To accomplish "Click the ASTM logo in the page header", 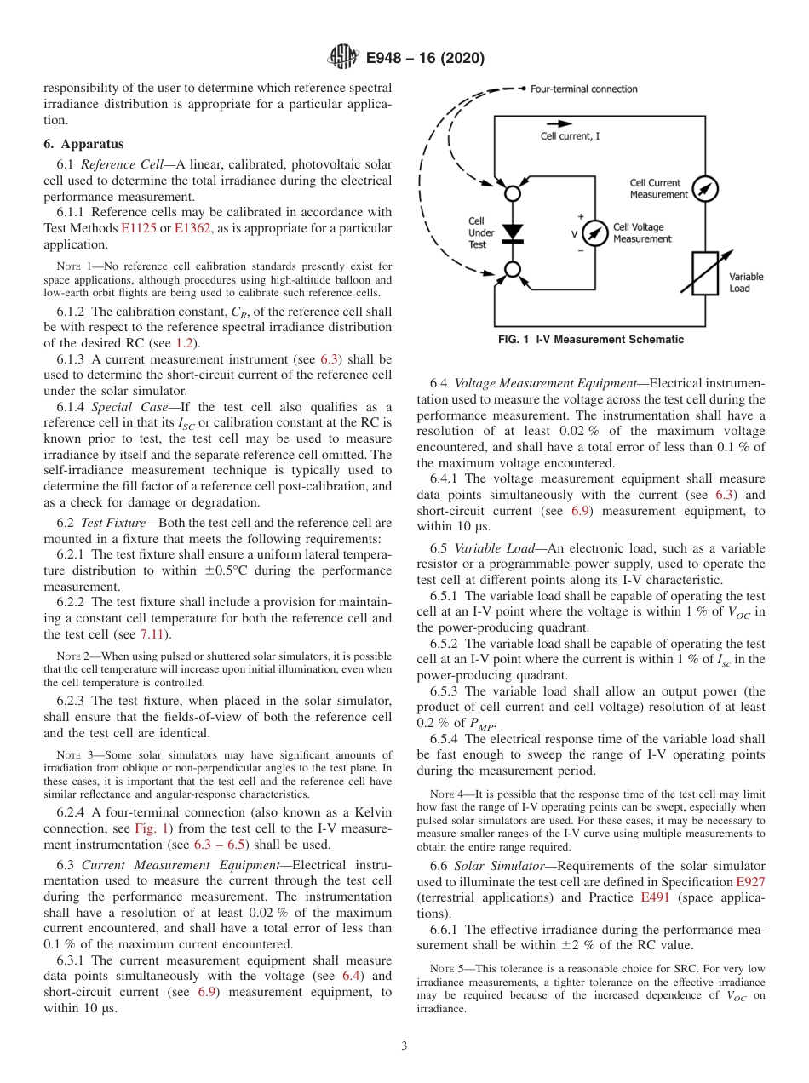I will [344, 58].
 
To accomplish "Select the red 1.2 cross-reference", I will [184, 342].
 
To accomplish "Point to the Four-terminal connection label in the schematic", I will [583, 89].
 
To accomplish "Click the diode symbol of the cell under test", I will [513, 232].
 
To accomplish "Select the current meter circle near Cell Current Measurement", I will [704, 188].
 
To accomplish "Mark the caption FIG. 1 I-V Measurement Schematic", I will [590, 340].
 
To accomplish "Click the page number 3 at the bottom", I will [404, 1046].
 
